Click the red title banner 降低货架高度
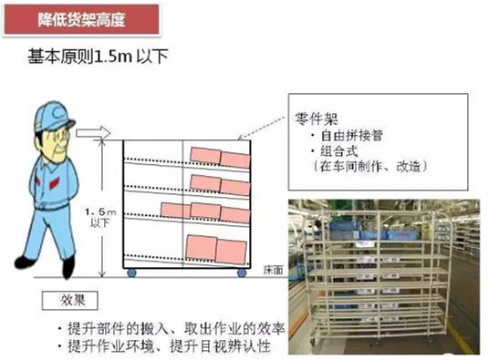click(x=84, y=16)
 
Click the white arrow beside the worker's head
click(x=95, y=134)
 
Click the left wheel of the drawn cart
click(x=131, y=272)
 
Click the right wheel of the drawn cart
click(x=242, y=272)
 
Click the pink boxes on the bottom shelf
click(x=215, y=247)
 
